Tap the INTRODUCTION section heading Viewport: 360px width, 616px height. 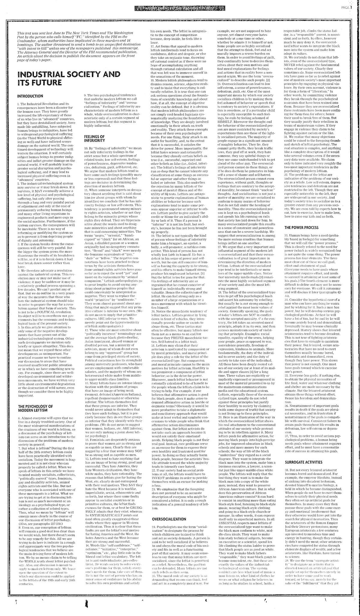click(x=30, y=96)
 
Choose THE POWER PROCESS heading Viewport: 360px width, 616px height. click(x=301, y=227)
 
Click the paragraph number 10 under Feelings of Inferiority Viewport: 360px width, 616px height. click(x=86, y=148)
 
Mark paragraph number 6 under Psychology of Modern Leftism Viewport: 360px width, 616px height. click(x=19, y=418)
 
